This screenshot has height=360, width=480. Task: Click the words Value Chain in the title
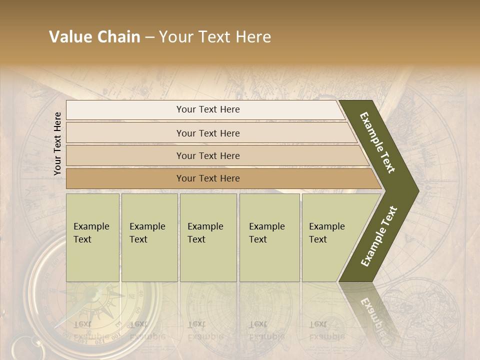pyautogui.click(x=94, y=37)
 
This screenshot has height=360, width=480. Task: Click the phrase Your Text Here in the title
pyautogui.click(x=215, y=37)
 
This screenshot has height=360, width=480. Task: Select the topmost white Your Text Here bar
pyautogui.click(x=207, y=109)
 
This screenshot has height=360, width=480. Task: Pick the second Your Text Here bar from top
pyautogui.click(x=207, y=133)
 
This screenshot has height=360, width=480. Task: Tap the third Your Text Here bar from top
pyautogui.click(x=207, y=155)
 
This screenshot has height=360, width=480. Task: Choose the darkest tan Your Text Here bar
pyautogui.click(x=207, y=178)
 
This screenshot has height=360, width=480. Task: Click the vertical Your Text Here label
pyautogui.click(x=57, y=143)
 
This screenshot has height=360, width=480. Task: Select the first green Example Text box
pyautogui.click(x=92, y=237)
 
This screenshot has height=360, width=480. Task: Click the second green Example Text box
pyautogui.click(x=149, y=237)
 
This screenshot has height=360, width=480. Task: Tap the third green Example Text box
pyautogui.click(x=208, y=237)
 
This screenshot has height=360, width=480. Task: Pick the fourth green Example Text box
pyautogui.click(x=269, y=237)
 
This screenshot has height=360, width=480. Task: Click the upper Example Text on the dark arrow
pyautogui.click(x=377, y=142)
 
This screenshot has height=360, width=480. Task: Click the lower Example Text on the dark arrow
pyautogui.click(x=378, y=236)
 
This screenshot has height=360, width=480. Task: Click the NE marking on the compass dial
pyautogui.click(x=133, y=296)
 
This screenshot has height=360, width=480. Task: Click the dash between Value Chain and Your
pyautogui.click(x=149, y=37)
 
